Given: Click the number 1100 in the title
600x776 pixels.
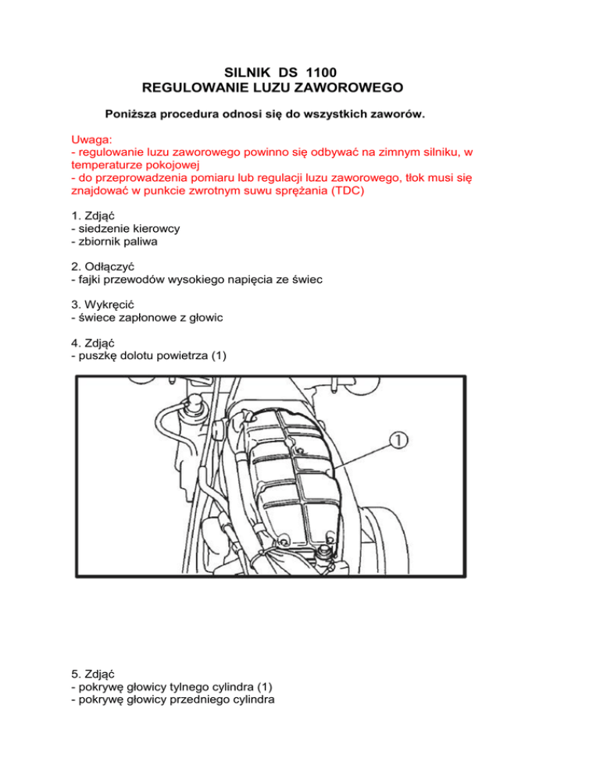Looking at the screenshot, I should tap(323, 76).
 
